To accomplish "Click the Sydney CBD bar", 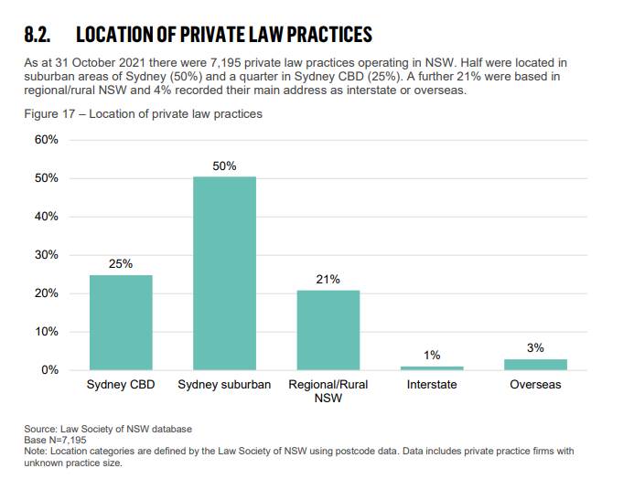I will coord(121,322).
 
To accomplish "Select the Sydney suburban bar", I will coord(224,272).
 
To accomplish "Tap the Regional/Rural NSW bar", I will coord(328,329).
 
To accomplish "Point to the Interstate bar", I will coord(432,367).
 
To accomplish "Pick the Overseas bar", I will coord(535,364).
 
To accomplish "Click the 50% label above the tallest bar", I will coord(224,166).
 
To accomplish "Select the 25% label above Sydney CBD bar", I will coord(121,264).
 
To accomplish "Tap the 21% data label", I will coord(328,280).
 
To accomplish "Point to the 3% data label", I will coord(535,348).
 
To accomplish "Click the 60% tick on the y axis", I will coord(47,140).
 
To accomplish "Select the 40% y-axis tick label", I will coord(47,217).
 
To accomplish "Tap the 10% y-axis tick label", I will coord(47,332).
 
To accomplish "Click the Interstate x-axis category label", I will coord(432,385).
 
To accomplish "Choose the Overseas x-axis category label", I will coord(535,385).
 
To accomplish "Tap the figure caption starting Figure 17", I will coord(143,114).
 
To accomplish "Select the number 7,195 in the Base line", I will coord(73,440).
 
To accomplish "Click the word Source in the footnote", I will coord(40,429).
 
